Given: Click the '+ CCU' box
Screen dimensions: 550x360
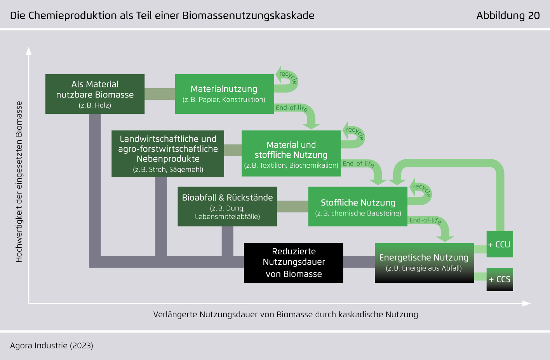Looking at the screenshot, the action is pyautogui.click(x=500, y=244).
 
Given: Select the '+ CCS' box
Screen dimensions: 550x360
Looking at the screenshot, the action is pyautogui.click(x=500, y=280).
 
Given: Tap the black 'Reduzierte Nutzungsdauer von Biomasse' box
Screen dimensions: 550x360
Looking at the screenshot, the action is pyautogui.click(x=293, y=263).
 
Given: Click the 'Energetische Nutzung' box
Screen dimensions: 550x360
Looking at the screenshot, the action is pyautogui.click(x=424, y=263).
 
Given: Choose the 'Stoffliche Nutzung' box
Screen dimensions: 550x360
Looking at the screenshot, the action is pyautogui.click(x=358, y=207).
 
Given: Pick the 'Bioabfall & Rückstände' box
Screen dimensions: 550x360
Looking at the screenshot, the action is pyautogui.click(x=227, y=207).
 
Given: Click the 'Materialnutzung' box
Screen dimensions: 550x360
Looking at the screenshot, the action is pyautogui.click(x=225, y=94).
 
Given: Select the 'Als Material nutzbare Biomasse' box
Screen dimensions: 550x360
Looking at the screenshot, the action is pyautogui.click(x=95, y=94).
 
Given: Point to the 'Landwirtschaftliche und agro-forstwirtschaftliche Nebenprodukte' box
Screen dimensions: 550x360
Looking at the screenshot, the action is pyautogui.click(x=168, y=153).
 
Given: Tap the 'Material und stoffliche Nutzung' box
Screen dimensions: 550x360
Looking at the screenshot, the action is pyautogui.click(x=291, y=153).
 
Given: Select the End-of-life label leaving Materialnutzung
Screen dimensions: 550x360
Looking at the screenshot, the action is pyautogui.click(x=291, y=108).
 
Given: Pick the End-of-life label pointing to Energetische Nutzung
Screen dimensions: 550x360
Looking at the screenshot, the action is pyautogui.click(x=425, y=220).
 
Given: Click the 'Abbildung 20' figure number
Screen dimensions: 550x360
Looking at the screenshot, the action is pyautogui.click(x=508, y=16).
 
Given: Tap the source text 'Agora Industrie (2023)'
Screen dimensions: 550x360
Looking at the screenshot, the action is pyautogui.click(x=52, y=346).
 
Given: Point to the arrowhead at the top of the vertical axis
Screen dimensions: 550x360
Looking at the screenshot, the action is pyautogui.click(x=29, y=51).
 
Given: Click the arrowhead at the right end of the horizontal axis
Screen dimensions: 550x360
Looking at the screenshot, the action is pyautogui.click(x=526, y=304).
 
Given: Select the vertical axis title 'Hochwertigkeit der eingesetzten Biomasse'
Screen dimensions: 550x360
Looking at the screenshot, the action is pyautogui.click(x=19, y=182).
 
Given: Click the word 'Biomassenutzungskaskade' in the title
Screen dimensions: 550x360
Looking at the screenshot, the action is pyautogui.click(x=248, y=16).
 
